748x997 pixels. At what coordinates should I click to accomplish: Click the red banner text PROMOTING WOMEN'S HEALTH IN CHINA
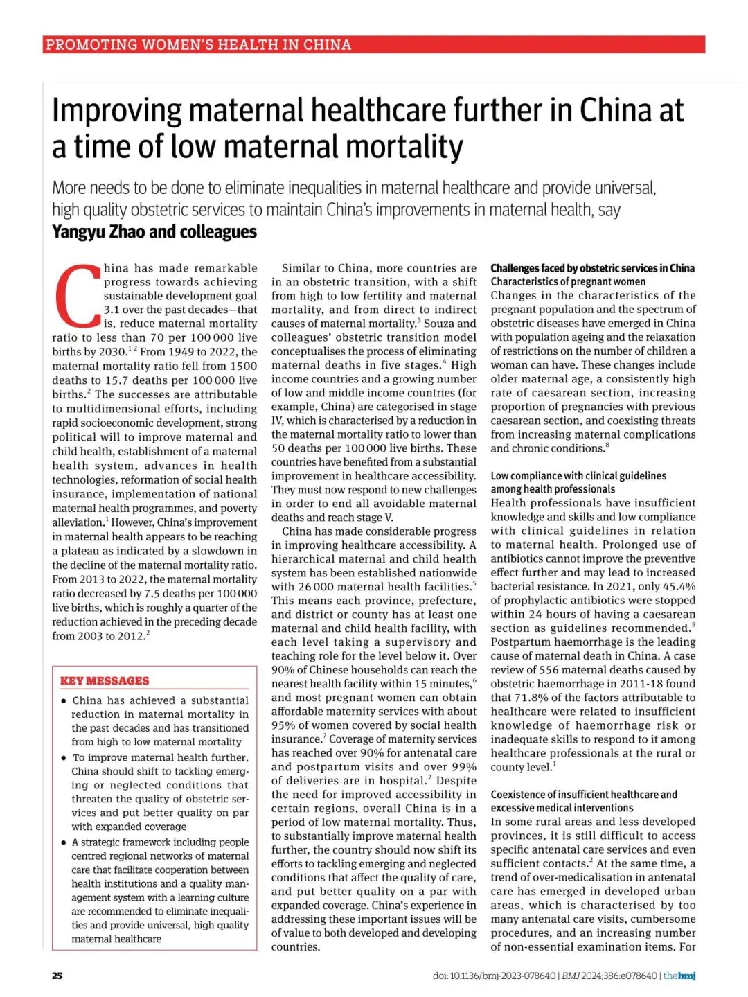click(198, 45)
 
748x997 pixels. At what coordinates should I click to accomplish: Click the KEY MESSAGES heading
click(105, 680)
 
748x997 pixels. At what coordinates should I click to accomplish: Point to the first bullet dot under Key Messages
click(64, 700)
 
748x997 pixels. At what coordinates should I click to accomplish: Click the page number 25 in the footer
click(57, 976)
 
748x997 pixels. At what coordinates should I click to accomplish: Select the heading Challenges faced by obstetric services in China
click(592, 268)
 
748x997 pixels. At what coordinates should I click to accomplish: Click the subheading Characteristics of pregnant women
click(568, 281)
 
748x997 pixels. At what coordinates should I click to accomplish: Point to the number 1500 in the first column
click(243, 366)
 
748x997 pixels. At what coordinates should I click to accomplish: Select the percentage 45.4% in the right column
click(678, 586)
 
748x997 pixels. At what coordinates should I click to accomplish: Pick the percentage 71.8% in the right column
click(533, 697)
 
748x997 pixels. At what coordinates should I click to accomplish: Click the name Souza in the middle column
click(440, 323)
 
